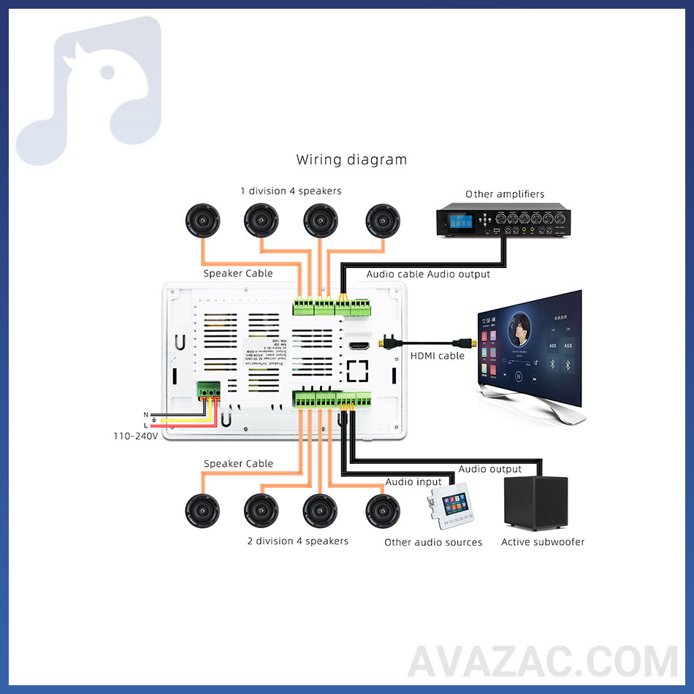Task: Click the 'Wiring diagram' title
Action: point(351,159)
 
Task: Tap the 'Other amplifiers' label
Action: point(505,194)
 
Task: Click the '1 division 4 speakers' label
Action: point(291,191)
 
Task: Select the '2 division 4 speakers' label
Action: point(297,541)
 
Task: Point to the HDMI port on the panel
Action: point(359,344)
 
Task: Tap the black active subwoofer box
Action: point(535,503)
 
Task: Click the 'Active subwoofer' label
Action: point(543,542)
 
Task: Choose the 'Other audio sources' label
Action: point(433,542)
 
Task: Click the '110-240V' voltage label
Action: point(135,435)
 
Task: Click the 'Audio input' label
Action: point(413,482)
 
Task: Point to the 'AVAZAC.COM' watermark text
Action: point(542,662)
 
